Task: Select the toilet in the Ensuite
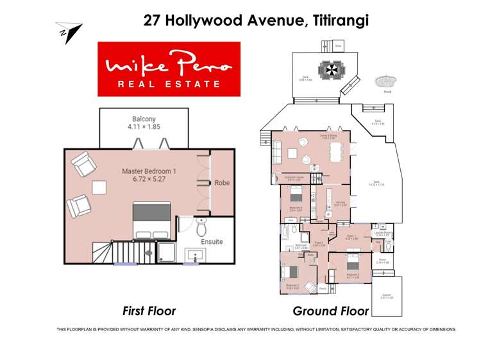[201, 226]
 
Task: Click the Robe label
[222, 183]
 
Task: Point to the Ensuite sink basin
[193, 255]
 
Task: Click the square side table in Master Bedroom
[99, 187]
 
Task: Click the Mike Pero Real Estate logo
[169, 69]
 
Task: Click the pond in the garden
[385, 81]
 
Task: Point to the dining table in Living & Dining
[336, 152]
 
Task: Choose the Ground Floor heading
[330, 311]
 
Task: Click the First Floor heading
[149, 311]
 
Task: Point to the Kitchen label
[341, 202]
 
